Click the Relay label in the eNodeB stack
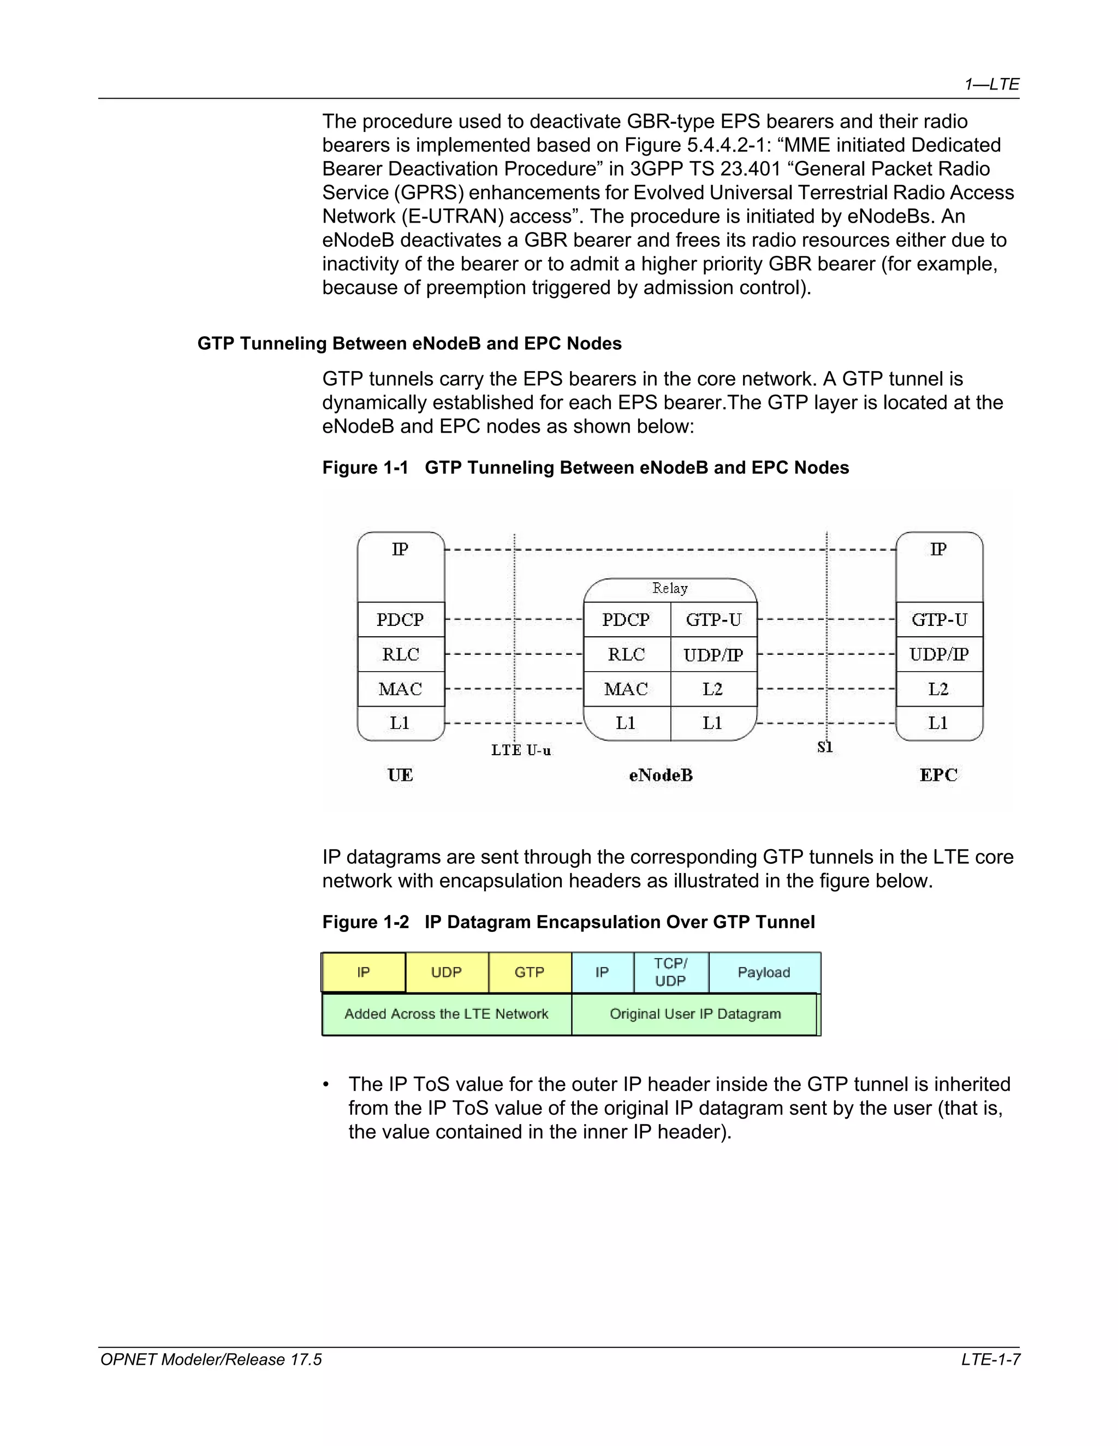670,588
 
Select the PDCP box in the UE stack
400,620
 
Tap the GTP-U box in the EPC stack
938,620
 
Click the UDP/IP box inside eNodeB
712,655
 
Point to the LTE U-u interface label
521,750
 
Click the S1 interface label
825,748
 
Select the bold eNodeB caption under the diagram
661,775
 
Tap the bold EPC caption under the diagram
938,775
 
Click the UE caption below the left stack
400,775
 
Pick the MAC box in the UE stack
400,689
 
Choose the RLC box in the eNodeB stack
626,655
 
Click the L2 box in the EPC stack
938,689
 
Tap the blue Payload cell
764,972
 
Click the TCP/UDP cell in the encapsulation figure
670,972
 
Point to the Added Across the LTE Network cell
447,1014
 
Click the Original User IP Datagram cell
695,1014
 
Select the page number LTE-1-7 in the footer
990,1360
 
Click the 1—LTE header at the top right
991,84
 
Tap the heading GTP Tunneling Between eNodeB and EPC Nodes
409,344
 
